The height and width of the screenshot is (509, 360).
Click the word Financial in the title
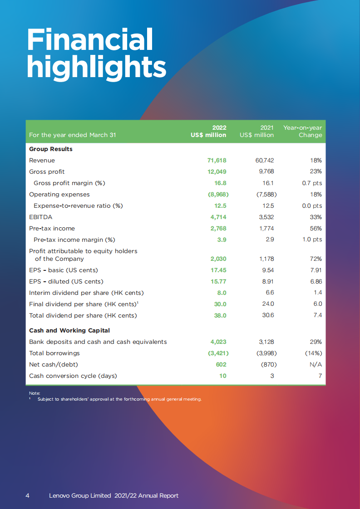point(90,39)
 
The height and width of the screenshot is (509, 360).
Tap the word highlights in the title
point(96,67)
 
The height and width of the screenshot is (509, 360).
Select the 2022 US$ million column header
point(208,132)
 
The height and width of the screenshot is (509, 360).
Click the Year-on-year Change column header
point(303,132)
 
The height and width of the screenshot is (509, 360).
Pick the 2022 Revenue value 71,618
point(217,161)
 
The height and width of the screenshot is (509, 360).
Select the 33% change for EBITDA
point(316,217)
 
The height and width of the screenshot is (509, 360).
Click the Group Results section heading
point(51,149)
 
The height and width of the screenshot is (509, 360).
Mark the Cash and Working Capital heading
point(69,331)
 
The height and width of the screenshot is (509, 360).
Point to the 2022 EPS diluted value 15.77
point(219,282)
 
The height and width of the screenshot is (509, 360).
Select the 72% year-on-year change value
point(316,259)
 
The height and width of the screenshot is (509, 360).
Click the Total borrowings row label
point(54,353)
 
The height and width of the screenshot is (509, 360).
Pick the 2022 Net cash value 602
point(221,365)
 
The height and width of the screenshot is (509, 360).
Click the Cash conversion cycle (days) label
point(73,376)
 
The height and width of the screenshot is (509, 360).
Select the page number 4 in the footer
point(28,496)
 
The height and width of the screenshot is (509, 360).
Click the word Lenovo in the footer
point(59,496)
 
